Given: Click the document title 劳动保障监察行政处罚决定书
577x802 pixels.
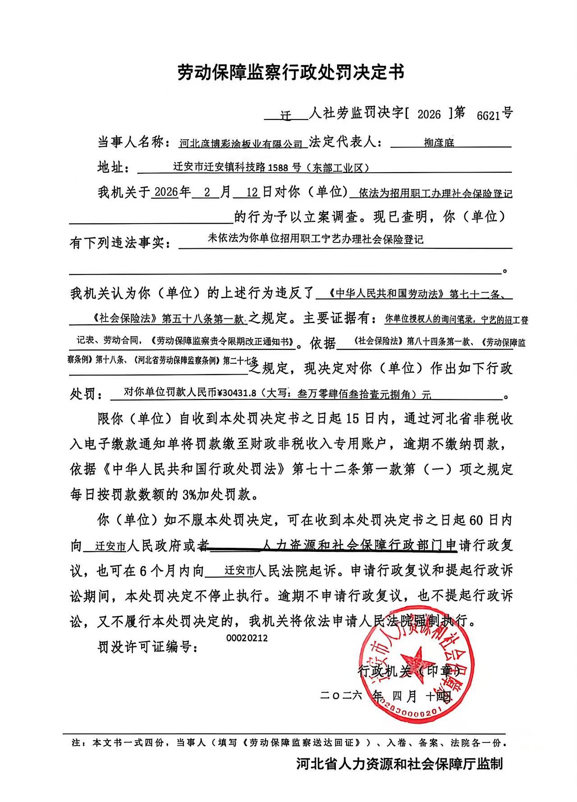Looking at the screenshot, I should coord(291,72).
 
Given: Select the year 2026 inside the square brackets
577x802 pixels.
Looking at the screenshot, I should coord(429,115).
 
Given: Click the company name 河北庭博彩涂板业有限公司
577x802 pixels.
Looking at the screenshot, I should coord(241,144).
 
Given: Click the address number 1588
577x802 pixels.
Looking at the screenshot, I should coord(278,168).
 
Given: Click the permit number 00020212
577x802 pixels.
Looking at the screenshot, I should coord(247,638).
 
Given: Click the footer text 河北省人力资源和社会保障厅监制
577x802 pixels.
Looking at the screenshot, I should coord(399,764).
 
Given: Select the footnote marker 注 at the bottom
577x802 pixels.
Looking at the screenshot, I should coord(76,742).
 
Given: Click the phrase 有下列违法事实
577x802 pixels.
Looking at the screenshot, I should coord(120,243).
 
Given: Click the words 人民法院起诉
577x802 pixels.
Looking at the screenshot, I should coord(296,571).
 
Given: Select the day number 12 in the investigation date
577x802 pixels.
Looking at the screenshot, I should coord(252,193).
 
